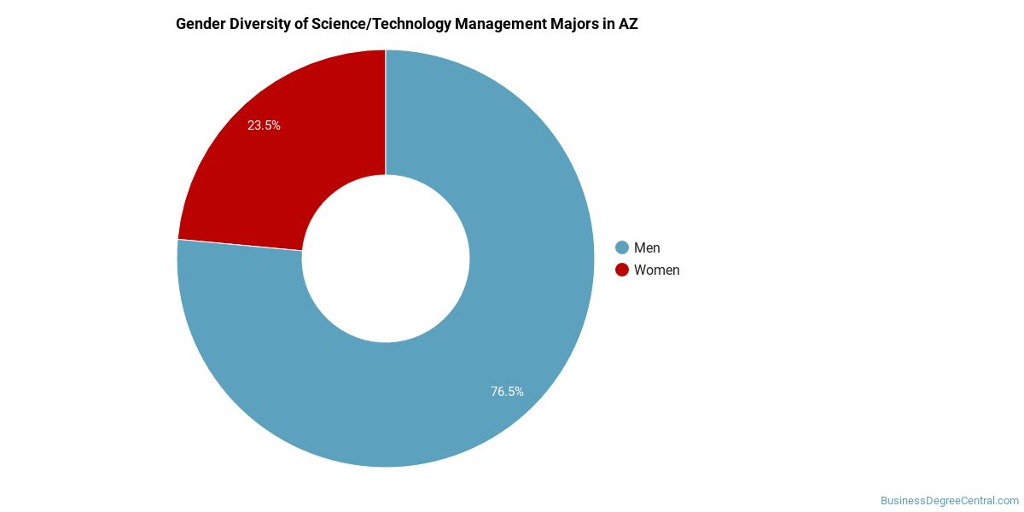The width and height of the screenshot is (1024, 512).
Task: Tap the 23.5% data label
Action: pos(264,125)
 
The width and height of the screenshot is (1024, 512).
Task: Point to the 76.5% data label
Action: pos(507,392)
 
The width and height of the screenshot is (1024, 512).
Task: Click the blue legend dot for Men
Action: pos(622,247)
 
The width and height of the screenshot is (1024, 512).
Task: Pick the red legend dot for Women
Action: pos(622,270)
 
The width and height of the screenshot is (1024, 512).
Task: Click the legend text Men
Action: pos(647,247)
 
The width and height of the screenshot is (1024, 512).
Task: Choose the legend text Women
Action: pos(657,270)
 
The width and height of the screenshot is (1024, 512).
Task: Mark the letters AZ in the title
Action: pos(628,24)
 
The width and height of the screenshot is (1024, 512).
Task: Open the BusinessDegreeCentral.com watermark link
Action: pos(950,501)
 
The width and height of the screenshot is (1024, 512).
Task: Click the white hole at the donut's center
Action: pos(386,259)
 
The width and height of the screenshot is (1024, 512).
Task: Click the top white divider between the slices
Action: pos(386,111)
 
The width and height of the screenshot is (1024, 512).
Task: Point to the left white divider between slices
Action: pos(240,245)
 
